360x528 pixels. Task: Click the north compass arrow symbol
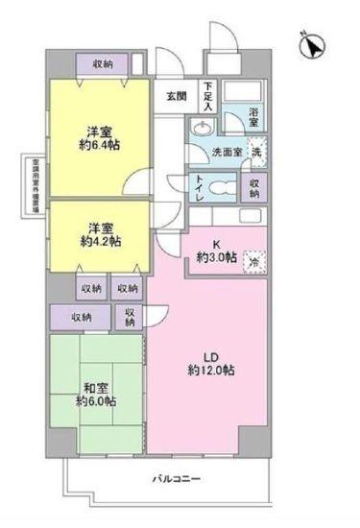[x=315, y=45]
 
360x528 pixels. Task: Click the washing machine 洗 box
[x=256, y=151]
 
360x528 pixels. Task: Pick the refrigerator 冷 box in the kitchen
[x=254, y=259]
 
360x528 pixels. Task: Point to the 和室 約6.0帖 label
[x=97, y=395]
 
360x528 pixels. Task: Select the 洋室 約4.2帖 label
[x=97, y=234]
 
